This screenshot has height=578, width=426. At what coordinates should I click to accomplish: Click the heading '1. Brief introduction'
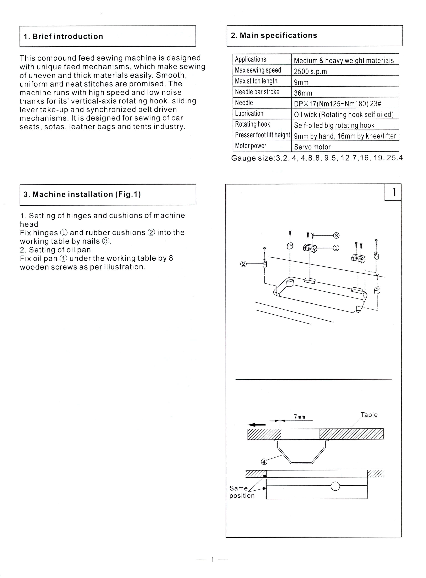pyautogui.click(x=63, y=36)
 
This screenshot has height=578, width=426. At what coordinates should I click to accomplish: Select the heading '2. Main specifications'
pyautogui.click(x=274, y=35)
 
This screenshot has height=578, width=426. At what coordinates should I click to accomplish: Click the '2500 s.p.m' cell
pyautogui.click(x=310, y=71)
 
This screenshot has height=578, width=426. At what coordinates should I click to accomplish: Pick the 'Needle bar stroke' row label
pyautogui.click(x=257, y=92)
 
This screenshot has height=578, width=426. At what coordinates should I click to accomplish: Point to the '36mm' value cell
pyautogui.click(x=303, y=93)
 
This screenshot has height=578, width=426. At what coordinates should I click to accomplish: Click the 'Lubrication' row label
pyautogui.click(x=249, y=114)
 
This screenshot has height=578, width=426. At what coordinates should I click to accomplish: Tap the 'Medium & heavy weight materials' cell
pyautogui.click(x=344, y=61)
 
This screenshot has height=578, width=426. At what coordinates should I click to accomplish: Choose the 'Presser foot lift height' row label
pyautogui.click(x=262, y=135)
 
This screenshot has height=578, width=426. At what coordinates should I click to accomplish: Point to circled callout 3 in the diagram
pyautogui.click(x=336, y=235)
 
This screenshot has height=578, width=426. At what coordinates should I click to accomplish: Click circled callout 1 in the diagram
pyautogui.click(x=336, y=248)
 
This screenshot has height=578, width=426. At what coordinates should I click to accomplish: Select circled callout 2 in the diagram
pyautogui.click(x=243, y=264)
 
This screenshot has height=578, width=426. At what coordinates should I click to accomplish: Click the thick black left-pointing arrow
pyautogui.click(x=257, y=425)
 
